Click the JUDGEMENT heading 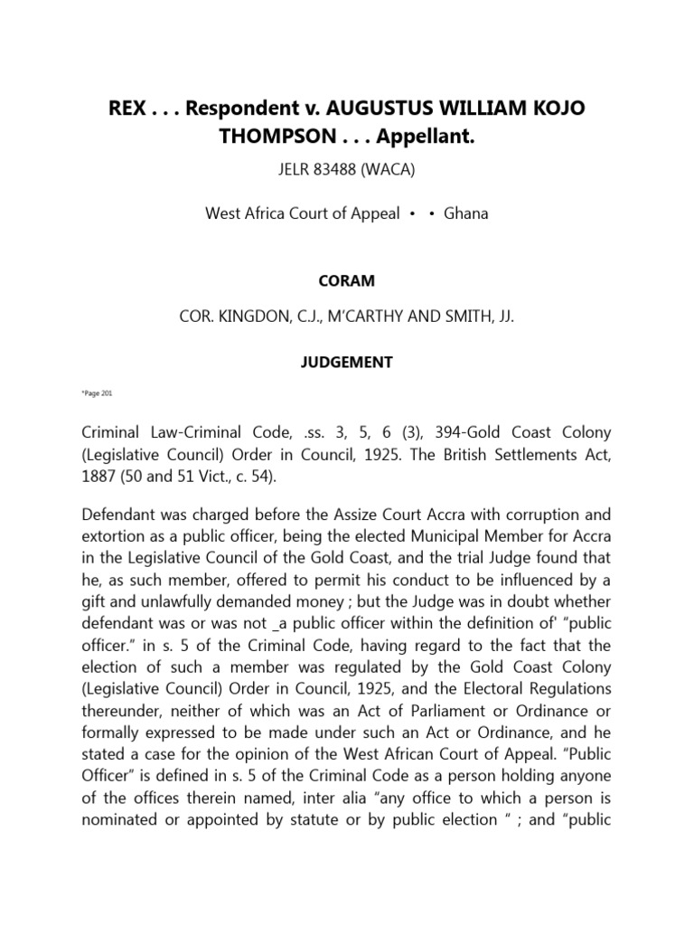pos(346,362)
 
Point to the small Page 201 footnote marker pos(96,394)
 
